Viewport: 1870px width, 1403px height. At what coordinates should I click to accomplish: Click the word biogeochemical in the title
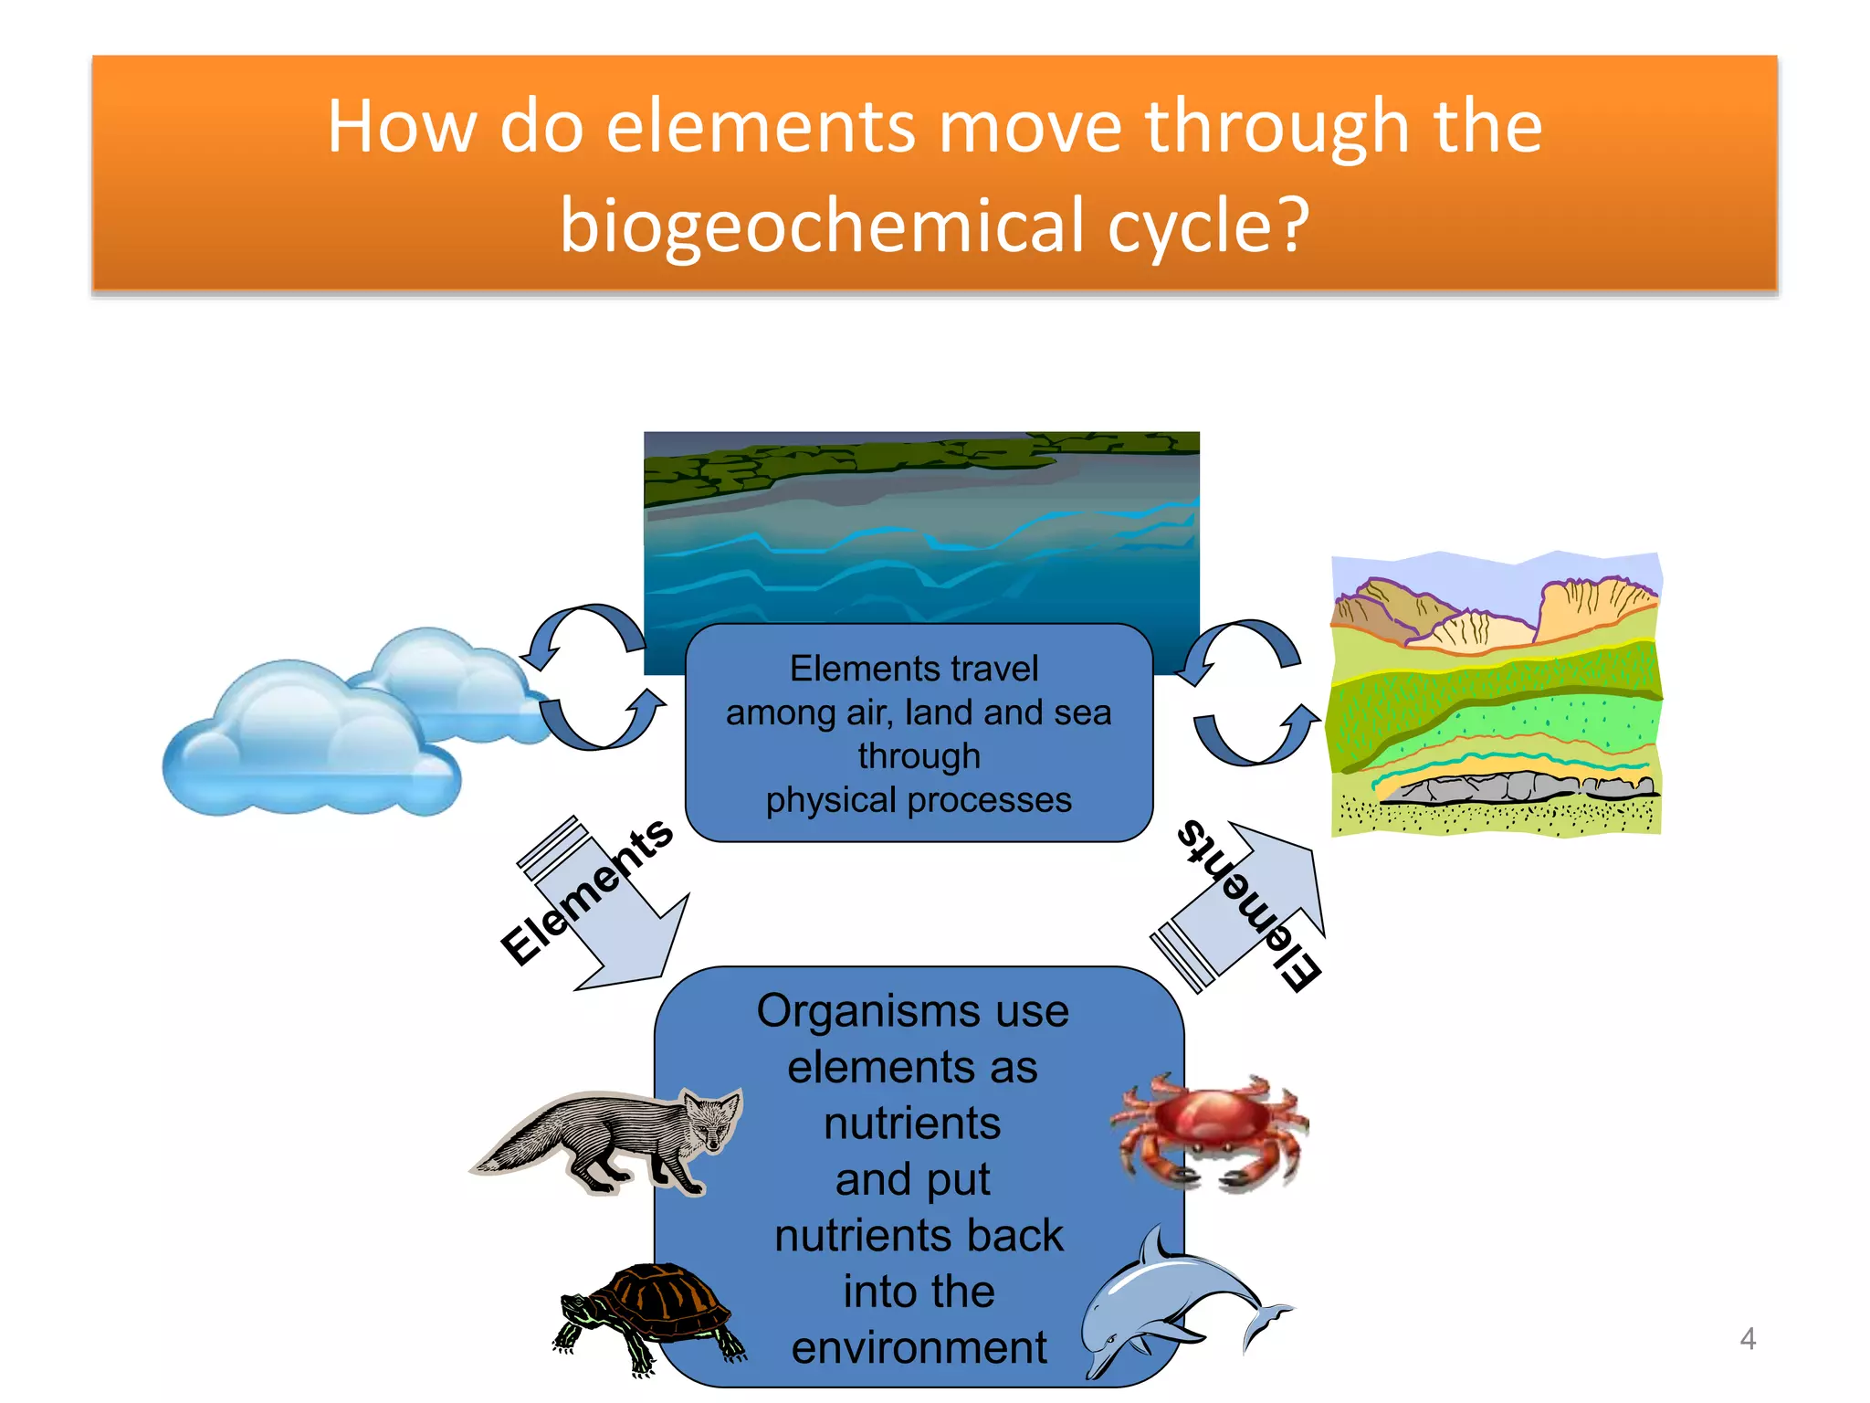(826, 226)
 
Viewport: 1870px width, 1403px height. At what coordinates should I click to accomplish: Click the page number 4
(1747, 1339)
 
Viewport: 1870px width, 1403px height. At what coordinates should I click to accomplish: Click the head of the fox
(711, 1119)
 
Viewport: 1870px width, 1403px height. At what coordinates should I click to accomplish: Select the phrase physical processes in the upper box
(918, 800)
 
